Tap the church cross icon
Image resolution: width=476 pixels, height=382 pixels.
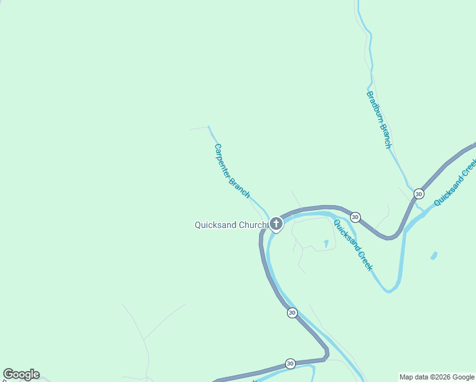click(x=276, y=223)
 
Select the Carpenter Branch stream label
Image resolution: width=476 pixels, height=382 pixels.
click(x=232, y=171)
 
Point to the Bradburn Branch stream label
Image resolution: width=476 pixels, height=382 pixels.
click(x=379, y=120)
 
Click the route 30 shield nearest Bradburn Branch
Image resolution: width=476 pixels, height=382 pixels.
click(x=419, y=194)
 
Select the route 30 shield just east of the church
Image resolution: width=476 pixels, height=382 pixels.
click(x=355, y=217)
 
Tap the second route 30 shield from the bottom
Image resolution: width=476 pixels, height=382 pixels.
click(x=291, y=313)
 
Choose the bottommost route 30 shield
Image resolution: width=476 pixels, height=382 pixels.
click(x=290, y=363)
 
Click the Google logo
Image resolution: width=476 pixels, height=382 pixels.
click(x=21, y=374)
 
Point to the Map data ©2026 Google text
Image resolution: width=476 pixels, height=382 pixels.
click(x=437, y=377)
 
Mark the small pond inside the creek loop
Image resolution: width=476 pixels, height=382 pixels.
click(x=326, y=243)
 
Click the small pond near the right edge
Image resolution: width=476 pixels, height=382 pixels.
click(x=434, y=256)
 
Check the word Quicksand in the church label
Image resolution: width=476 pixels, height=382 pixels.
click(x=215, y=225)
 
